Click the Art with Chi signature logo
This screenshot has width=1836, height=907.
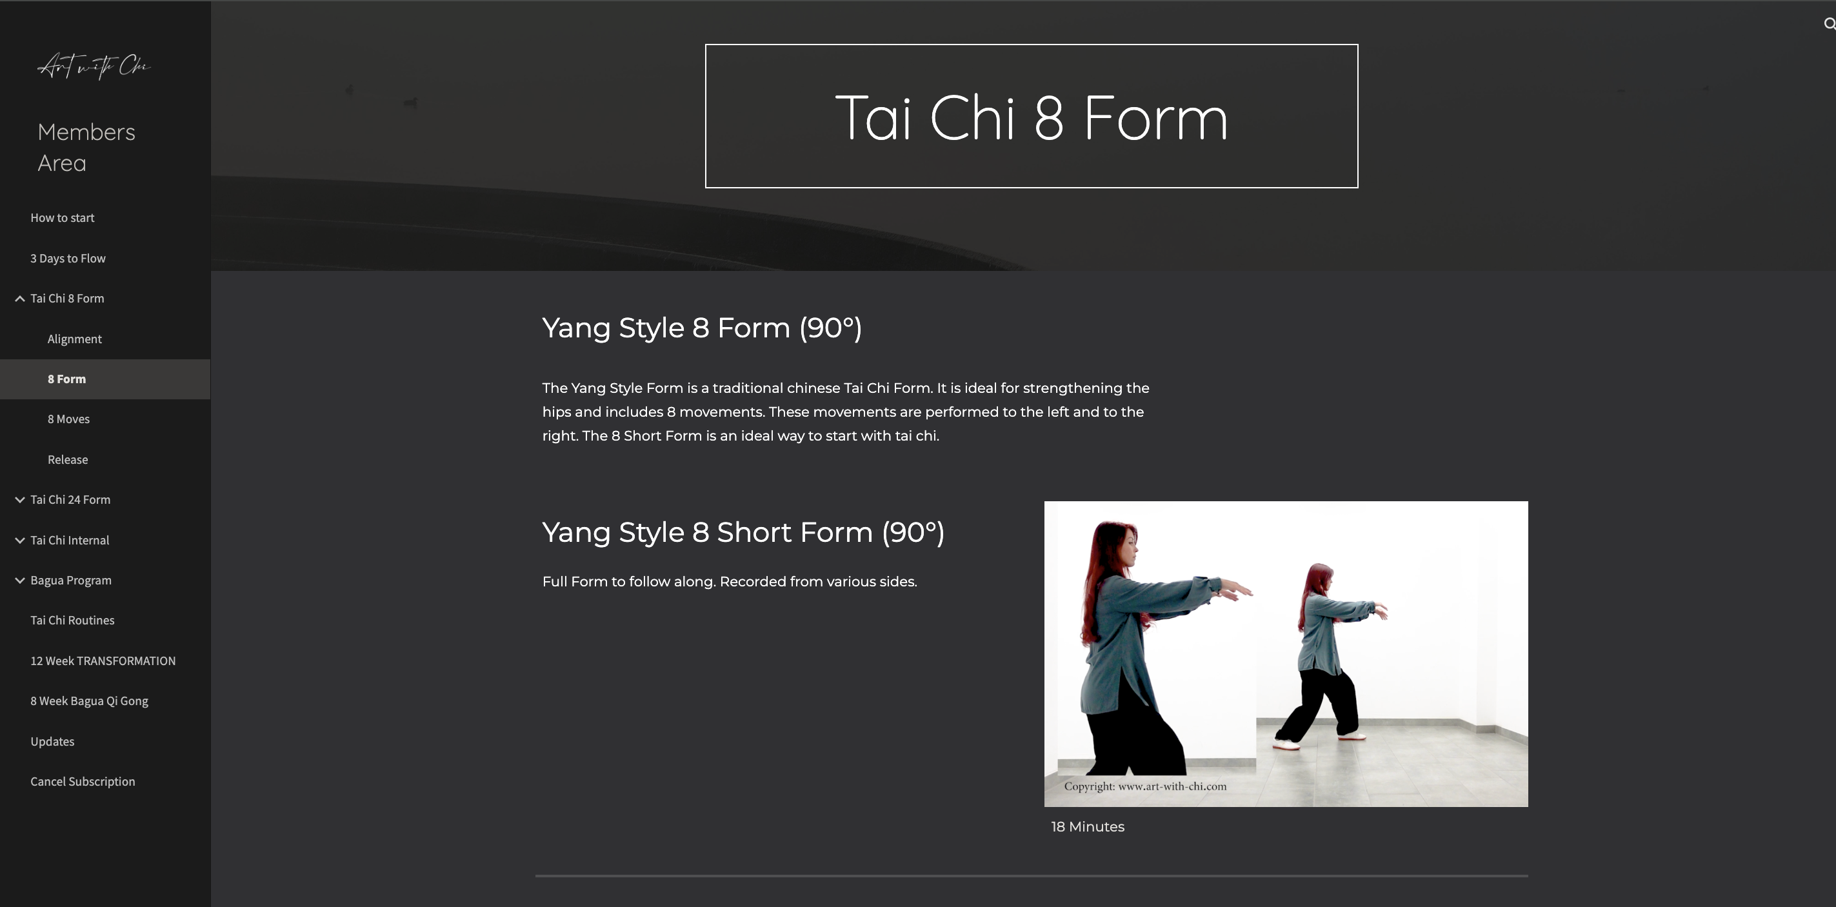(94, 66)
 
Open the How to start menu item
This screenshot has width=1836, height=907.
(62, 218)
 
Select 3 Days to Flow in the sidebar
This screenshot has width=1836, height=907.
(68, 258)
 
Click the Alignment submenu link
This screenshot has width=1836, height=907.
(74, 339)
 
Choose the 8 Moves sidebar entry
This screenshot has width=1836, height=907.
(68, 419)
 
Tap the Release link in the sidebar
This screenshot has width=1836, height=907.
(68, 459)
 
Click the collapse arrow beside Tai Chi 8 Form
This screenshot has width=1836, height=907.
(20, 299)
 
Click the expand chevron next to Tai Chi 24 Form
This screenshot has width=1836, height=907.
(20, 499)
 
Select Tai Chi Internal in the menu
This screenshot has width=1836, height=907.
(70, 540)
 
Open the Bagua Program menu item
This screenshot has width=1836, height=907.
(70, 580)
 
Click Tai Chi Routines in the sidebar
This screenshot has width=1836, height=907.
(72, 620)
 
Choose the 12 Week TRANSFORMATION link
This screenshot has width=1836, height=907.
(103, 661)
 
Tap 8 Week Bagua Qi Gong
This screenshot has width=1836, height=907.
(89, 701)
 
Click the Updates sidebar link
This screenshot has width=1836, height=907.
(52, 741)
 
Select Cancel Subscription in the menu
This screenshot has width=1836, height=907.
(83, 781)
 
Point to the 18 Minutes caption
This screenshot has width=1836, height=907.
(1088, 826)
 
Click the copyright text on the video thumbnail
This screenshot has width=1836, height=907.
(1144, 786)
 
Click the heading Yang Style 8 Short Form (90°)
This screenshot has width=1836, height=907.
(743, 532)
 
